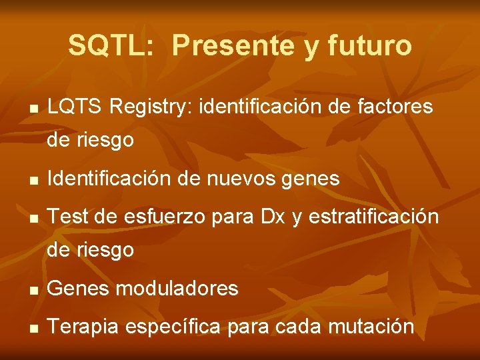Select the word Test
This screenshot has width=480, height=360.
pos(67,217)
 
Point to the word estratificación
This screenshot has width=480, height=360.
pos(373,217)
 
